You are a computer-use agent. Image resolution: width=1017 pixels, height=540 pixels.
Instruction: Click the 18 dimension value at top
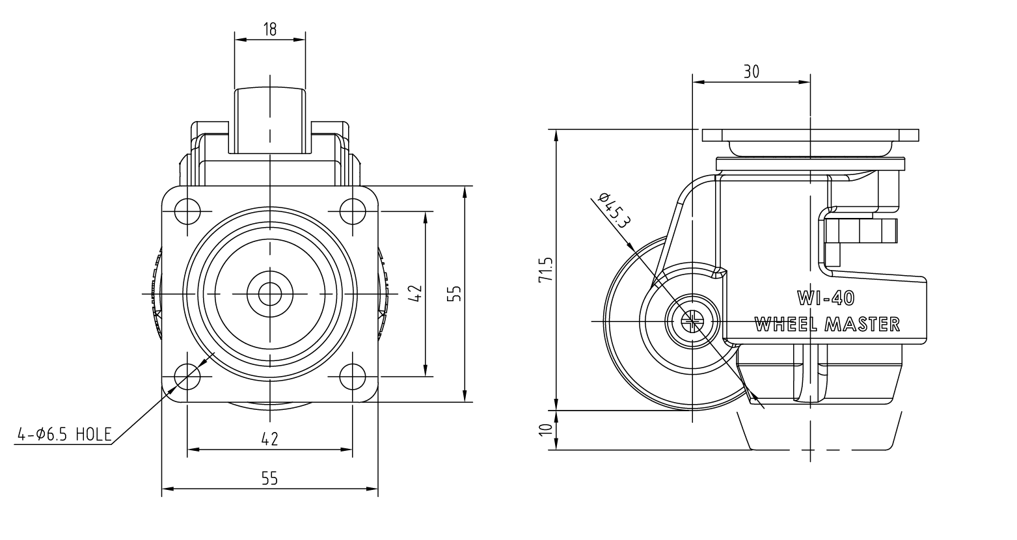pos(269,29)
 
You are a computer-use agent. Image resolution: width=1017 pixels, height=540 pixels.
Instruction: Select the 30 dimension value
pos(752,72)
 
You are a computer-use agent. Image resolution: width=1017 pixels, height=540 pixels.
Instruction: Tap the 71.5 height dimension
pos(546,269)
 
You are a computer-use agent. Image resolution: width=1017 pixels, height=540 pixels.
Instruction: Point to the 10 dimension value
pos(546,429)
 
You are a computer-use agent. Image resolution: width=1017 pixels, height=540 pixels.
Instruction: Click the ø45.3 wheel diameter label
pos(614,210)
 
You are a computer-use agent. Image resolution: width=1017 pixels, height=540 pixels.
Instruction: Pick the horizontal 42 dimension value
pos(269,439)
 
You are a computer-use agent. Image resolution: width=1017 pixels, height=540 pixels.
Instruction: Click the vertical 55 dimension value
pos(454,293)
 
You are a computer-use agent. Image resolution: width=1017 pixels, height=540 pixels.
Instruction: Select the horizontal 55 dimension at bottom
pos(269,478)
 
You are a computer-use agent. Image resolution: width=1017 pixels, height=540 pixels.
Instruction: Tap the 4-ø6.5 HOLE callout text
pos(64,435)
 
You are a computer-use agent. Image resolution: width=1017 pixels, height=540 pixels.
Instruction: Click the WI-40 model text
pos(826,298)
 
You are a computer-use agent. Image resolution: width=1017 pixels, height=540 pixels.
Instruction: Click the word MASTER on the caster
pos(862,325)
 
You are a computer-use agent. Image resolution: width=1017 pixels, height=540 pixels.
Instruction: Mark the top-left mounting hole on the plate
pos(187,211)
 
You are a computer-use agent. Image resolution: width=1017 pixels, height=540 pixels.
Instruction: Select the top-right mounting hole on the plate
pos(353,211)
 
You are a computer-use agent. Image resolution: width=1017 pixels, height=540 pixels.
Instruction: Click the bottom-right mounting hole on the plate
pos(353,377)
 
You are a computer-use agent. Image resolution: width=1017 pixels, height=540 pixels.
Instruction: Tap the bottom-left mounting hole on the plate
pos(187,377)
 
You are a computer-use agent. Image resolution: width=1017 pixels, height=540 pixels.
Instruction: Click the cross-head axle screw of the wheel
pos(692,321)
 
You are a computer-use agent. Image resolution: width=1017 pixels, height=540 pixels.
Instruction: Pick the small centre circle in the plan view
pos(270,294)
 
